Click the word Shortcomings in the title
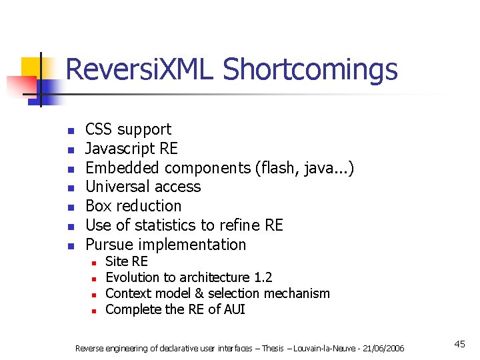tap(310, 69)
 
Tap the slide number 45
tap(459, 344)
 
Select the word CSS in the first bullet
tap(99, 129)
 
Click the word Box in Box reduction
tap(99, 206)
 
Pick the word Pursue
tap(109, 245)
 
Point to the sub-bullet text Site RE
tap(127, 261)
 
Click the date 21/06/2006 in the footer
tap(385, 348)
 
